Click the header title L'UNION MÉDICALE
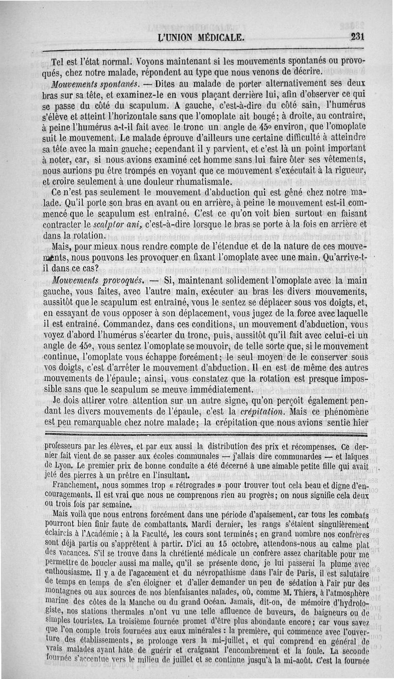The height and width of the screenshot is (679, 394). [x=200, y=37]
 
